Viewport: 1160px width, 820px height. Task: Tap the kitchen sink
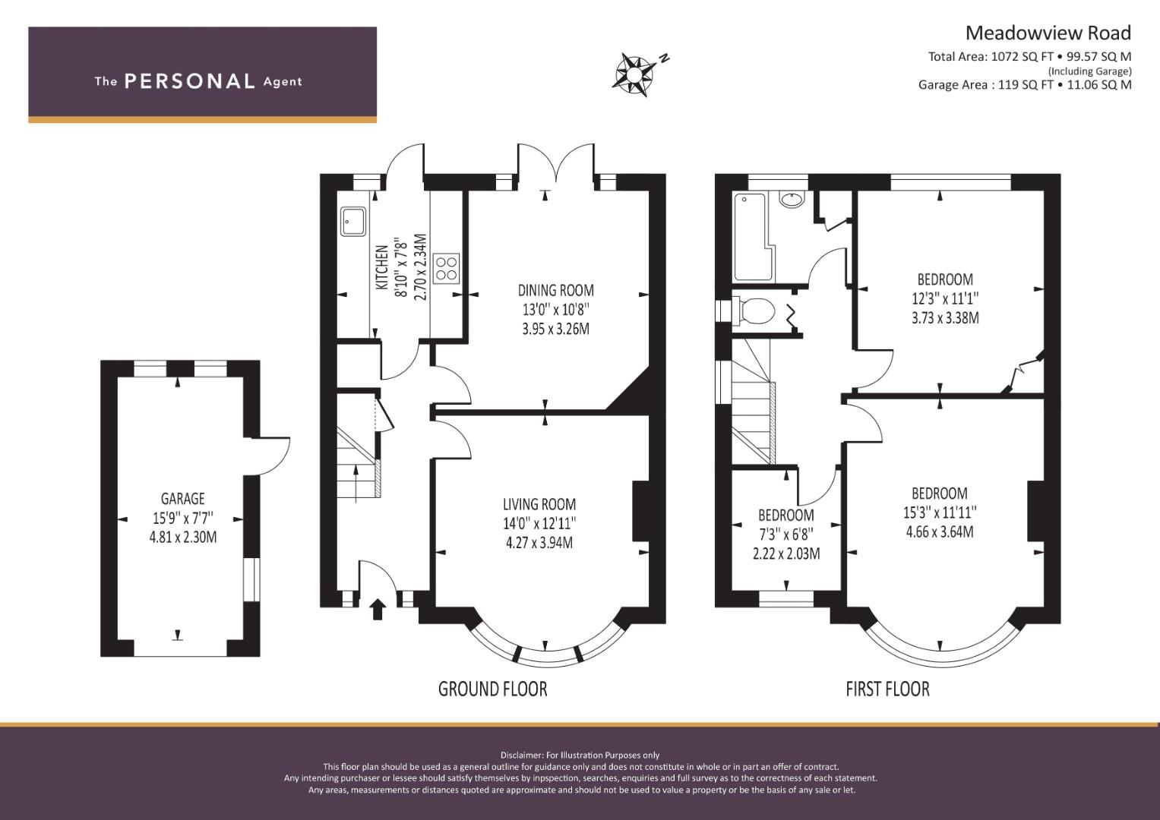353,222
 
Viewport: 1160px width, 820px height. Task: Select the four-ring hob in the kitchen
446,268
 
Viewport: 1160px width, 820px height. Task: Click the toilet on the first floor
754,311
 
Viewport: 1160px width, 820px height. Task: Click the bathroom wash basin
792,199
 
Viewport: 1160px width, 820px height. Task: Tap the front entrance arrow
378,609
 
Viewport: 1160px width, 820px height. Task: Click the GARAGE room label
183,499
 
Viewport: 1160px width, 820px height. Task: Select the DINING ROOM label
555,290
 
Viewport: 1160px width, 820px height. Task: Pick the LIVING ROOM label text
539,503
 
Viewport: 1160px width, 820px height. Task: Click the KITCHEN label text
381,267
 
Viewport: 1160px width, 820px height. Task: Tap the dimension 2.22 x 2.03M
786,554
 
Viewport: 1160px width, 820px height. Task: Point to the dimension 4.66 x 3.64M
940,531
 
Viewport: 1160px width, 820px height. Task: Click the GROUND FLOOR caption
492,689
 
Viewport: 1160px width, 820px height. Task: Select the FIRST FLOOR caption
887,689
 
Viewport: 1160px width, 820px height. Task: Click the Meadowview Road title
1048,33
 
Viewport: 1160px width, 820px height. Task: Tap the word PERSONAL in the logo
190,81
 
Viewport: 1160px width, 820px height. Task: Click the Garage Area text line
1025,85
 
